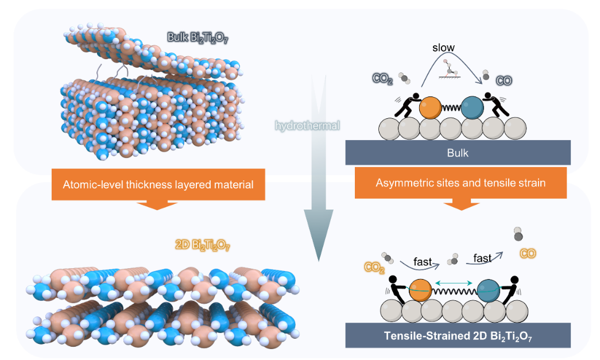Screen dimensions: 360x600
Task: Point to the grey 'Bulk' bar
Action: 458,153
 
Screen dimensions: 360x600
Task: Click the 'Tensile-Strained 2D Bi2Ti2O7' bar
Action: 458,335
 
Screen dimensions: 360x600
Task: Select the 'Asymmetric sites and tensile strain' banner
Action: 458,183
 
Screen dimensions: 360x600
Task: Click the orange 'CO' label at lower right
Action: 528,253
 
